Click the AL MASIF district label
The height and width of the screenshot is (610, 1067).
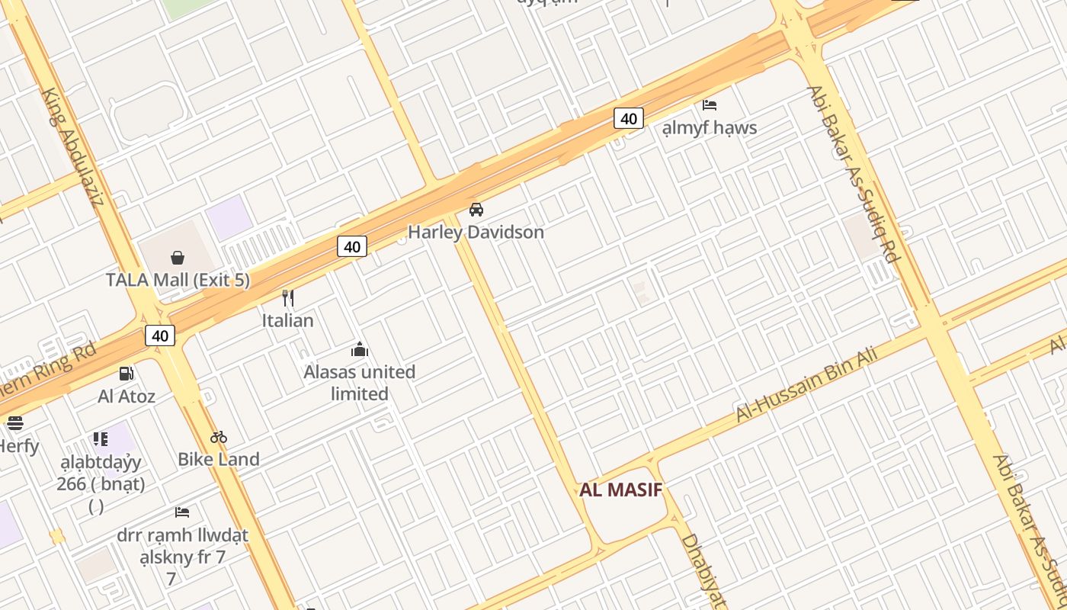(620, 490)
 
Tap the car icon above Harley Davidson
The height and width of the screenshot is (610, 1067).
(476, 210)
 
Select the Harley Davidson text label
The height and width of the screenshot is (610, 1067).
(476, 232)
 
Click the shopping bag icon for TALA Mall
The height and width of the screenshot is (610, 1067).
(178, 258)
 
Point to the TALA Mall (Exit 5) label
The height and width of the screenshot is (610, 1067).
(178, 280)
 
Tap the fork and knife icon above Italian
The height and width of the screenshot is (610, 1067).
(288, 297)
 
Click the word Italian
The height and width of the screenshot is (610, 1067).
(288, 320)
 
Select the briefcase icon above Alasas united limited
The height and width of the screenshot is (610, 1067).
(360, 350)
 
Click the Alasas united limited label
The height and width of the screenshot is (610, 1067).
(360, 383)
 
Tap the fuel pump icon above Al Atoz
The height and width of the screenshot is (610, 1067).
(127, 374)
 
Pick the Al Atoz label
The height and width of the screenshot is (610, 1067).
(127, 396)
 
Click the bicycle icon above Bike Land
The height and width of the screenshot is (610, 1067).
(219, 437)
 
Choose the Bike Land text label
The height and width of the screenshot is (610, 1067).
(219, 459)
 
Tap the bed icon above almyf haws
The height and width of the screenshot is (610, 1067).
(710, 104)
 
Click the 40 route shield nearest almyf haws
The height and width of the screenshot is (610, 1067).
(628, 118)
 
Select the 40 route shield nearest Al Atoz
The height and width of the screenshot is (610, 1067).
(160, 335)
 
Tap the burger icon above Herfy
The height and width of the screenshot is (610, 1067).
(15, 423)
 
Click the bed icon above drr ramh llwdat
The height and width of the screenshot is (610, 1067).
(182, 512)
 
